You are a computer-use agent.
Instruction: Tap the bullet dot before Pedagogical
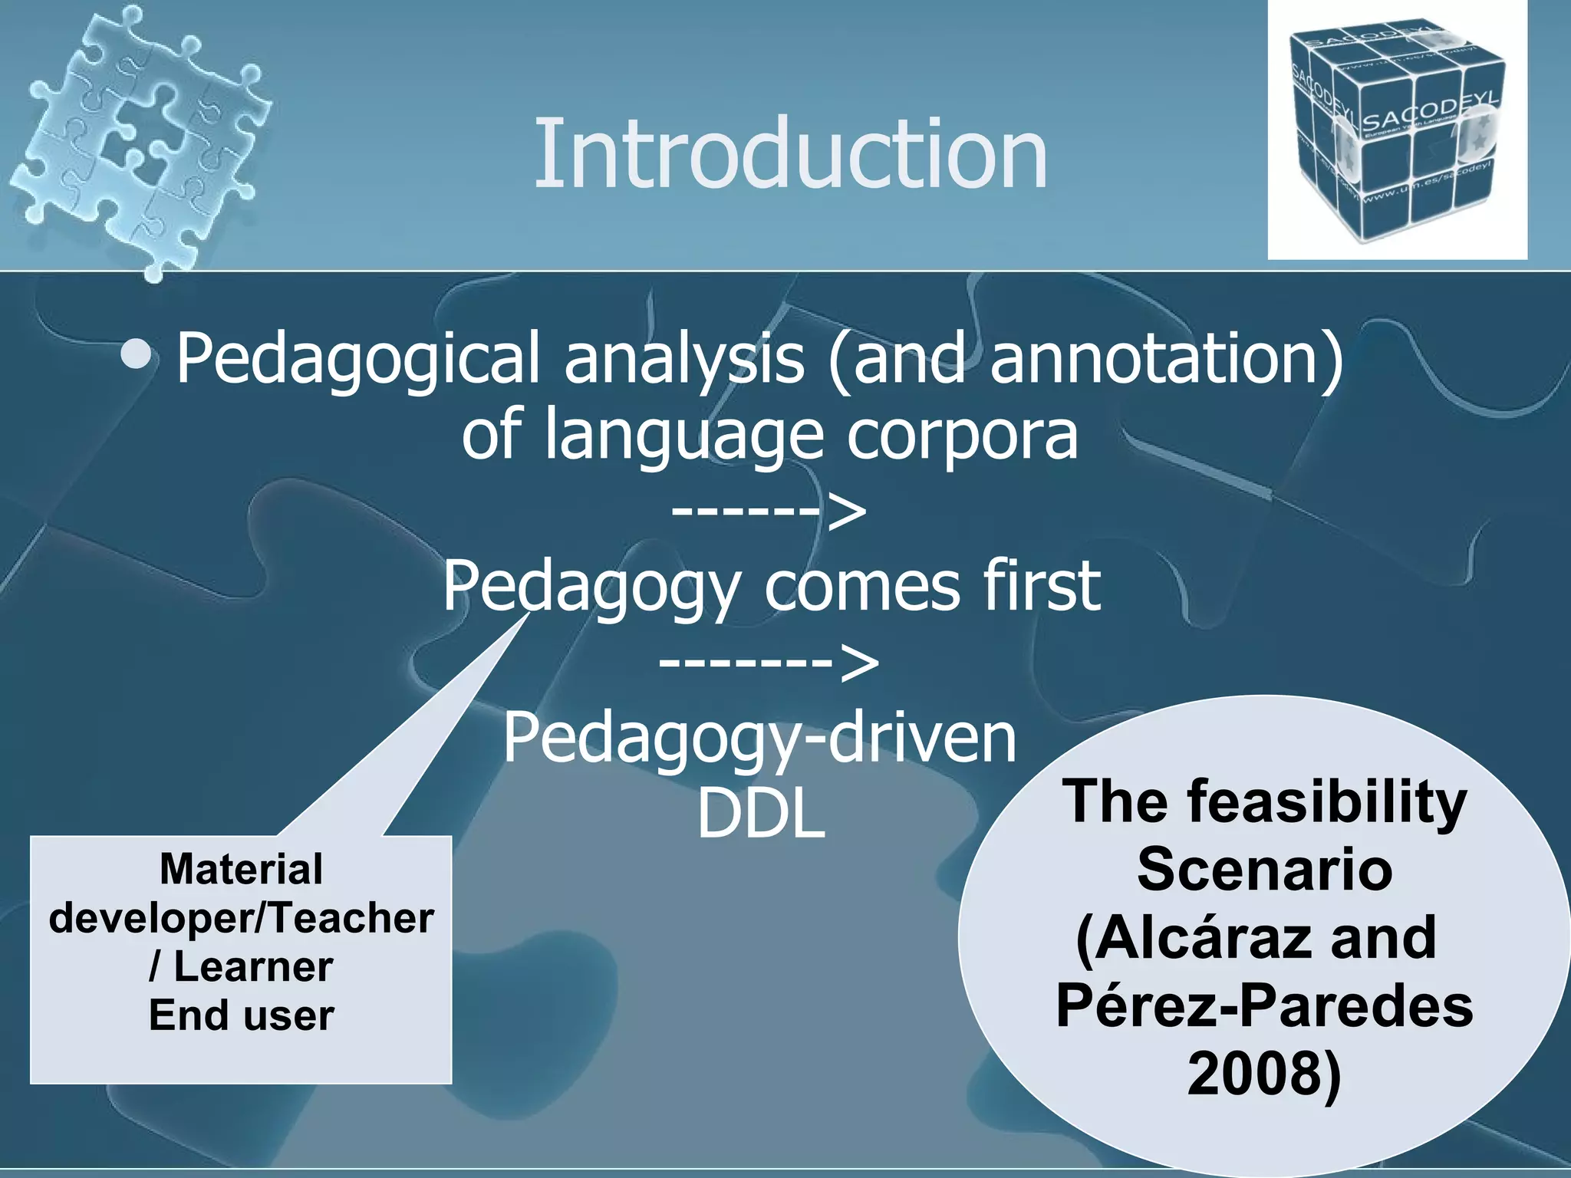click(138, 355)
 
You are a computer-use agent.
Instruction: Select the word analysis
click(685, 359)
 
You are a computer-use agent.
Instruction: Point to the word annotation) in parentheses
click(1166, 359)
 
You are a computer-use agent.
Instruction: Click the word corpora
click(962, 435)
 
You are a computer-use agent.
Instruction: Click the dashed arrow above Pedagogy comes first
click(769, 512)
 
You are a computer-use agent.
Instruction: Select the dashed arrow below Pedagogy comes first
click(769, 662)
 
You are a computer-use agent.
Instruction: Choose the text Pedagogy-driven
click(759, 739)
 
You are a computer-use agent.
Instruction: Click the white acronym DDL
click(761, 814)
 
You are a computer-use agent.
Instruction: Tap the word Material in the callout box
click(241, 870)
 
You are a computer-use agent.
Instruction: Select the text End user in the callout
click(241, 1015)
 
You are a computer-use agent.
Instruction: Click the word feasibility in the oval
click(1327, 802)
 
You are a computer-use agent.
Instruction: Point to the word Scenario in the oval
click(1264, 870)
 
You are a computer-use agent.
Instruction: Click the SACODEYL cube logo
click(1396, 130)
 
